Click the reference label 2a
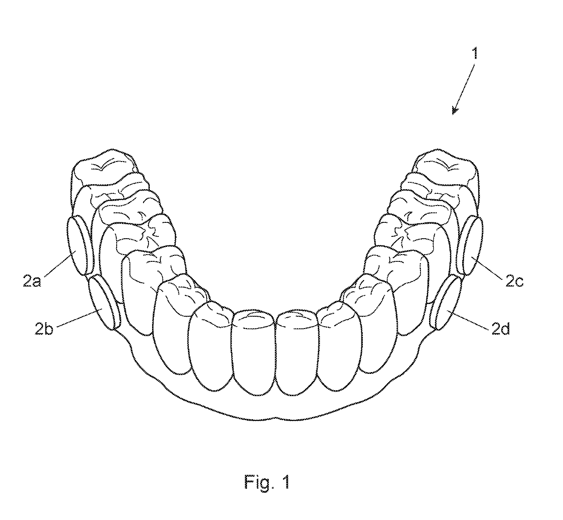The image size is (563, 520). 32,282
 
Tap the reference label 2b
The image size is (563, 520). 44,329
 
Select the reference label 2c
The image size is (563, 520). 514,281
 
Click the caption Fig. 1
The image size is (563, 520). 267,482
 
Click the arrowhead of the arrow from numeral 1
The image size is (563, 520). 454,111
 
